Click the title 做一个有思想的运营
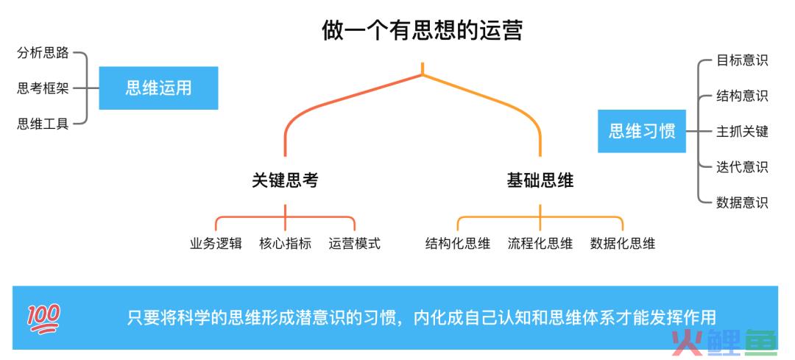(422, 30)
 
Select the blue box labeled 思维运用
(158, 88)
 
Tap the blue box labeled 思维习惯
(642, 131)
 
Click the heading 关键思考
(285, 181)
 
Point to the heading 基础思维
(540, 181)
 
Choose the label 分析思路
(43, 53)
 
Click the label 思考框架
(43, 89)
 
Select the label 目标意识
(742, 60)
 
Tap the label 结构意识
(742, 96)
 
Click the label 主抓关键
(742, 132)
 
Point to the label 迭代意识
(742, 167)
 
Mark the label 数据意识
(742, 202)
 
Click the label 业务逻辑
(216, 244)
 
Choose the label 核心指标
(285, 244)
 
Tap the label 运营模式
(354, 244)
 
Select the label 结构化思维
(458, 244)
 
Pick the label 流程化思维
(540, 244)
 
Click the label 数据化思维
(623, 244)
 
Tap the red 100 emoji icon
(43, 319)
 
